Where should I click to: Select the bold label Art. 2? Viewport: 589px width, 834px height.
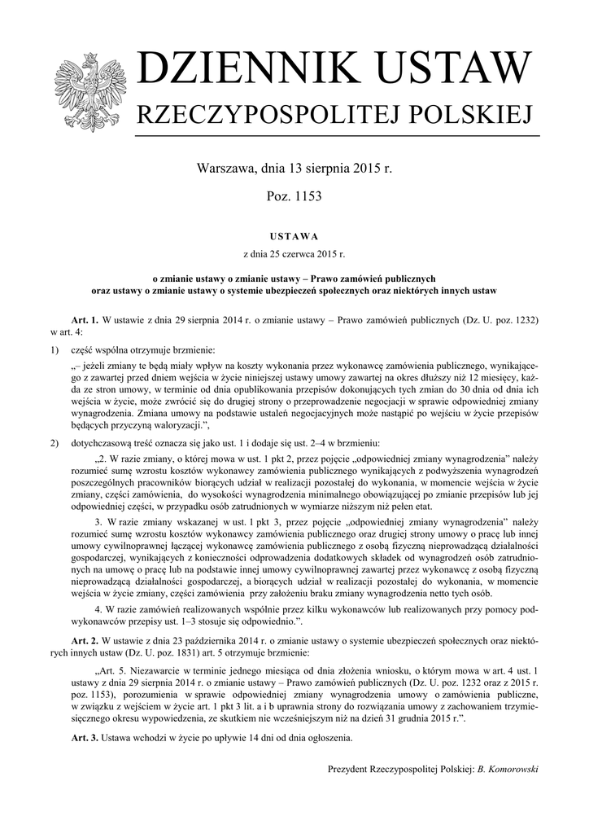coord(85,637)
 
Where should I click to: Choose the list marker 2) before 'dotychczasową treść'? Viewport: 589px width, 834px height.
coord(55,441)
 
